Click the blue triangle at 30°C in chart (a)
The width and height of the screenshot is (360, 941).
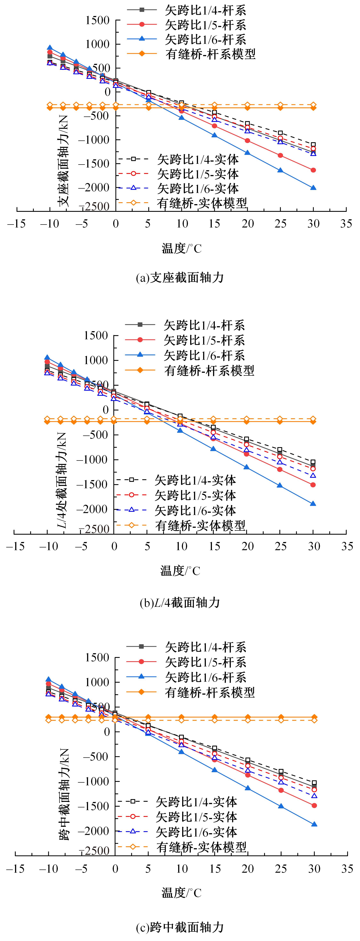(x=313, y=188)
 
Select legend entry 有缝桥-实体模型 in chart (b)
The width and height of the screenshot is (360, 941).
(x=200, y=525)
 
